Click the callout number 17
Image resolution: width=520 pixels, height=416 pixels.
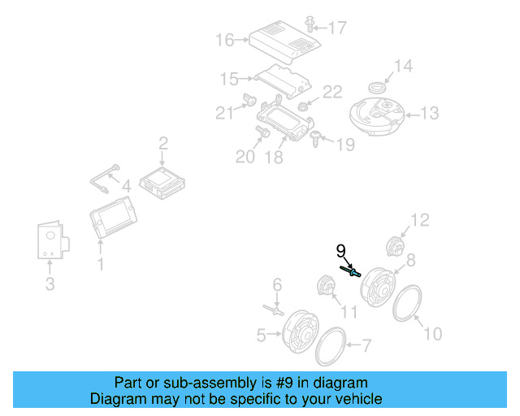click(x=336, y=28)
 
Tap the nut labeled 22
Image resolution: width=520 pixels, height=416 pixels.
click(x=304, y=106)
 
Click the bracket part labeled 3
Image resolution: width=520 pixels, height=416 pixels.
click(x=52, y=240)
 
